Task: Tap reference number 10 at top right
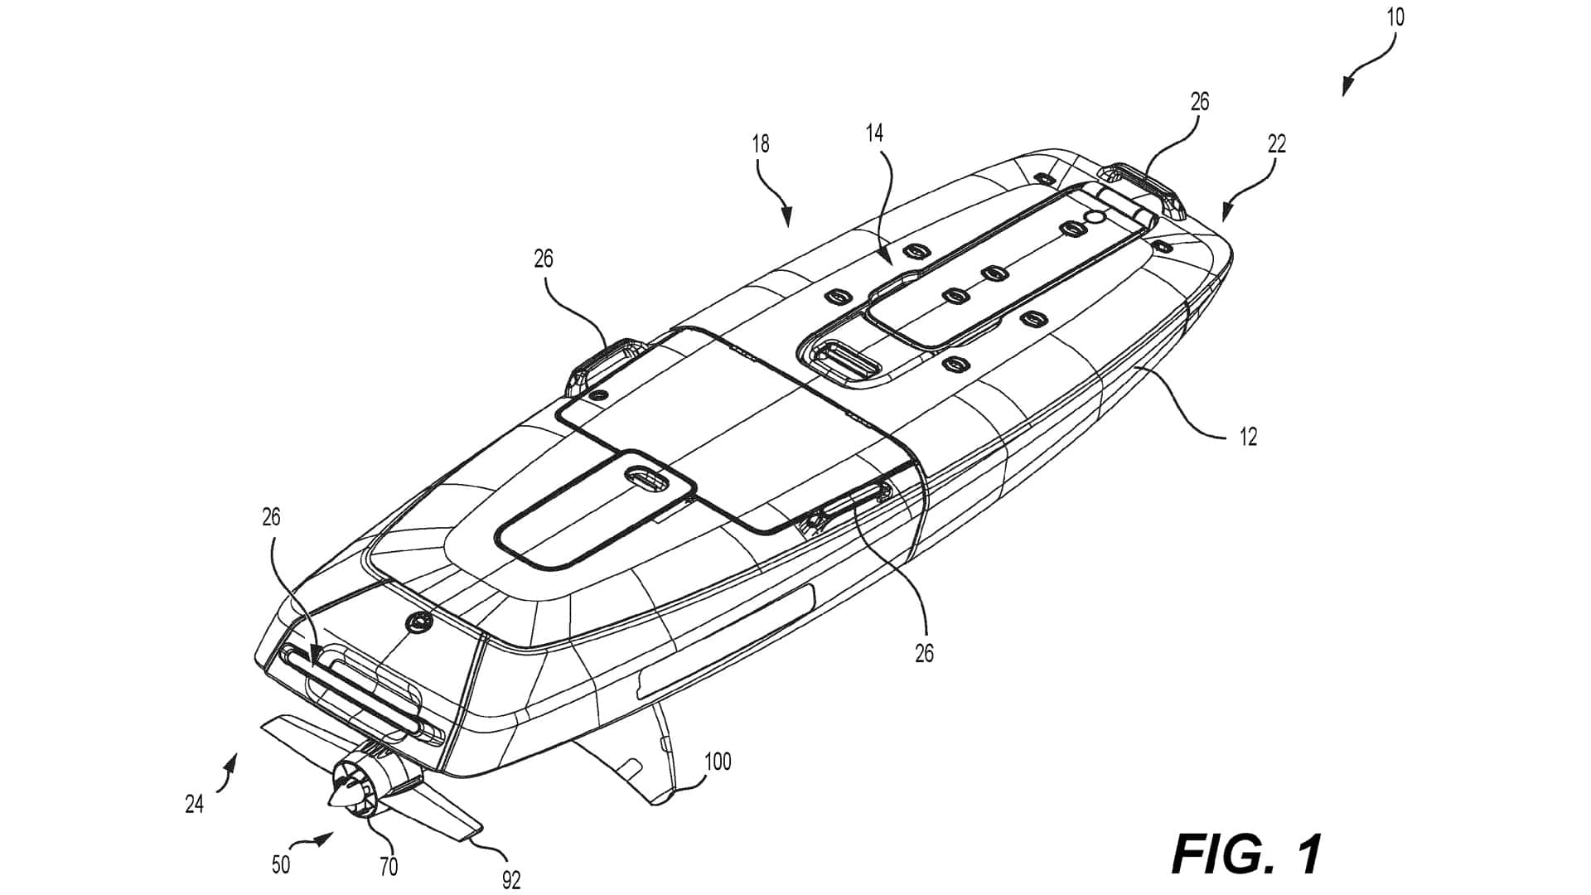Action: [x=1395, y=17]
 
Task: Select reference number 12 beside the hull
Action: [x=1248, y=437]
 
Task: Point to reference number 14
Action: [x=875, y=133]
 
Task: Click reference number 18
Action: [x=760, y=144]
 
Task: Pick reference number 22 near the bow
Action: [x=1277, y=144]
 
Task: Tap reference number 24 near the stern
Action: [x=194, y=804]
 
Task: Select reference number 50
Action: [x=281, y=864]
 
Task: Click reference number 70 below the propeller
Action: [x=389, y=867]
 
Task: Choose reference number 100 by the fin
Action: [x=718, y=761]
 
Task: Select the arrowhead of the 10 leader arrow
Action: [x=1346, y=89]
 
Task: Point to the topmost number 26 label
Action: [x=1199, y=101]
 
